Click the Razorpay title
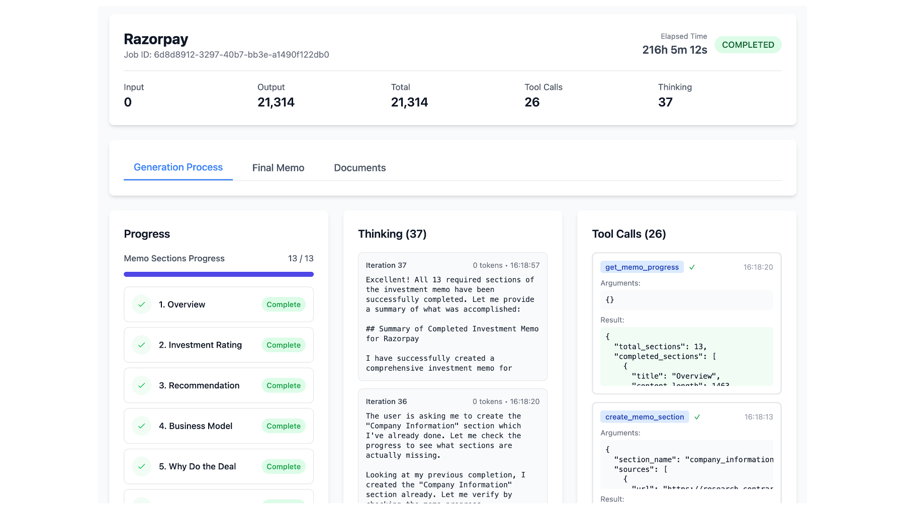pos(156,39)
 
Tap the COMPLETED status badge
pos(748,45)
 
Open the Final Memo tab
pos(278,168)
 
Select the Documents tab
pos(359,168)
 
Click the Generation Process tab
pos(178,167)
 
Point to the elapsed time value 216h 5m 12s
pos(674,50)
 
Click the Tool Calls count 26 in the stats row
pos(531,102)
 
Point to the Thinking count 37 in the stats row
pos(665,102)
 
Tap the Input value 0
pos(128,102)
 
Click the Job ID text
pos(226,55)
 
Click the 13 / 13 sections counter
pos(301,258)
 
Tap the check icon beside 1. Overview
pos(142,304)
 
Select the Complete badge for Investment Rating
pos(283,345)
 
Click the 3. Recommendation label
pos(199,385)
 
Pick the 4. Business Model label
pos(196,426)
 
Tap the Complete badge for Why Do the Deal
pos(283,467)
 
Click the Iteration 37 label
pos(386,265)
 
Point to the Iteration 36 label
pos(386,401)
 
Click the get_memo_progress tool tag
pos(642,267)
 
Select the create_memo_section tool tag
pos(644,417)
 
